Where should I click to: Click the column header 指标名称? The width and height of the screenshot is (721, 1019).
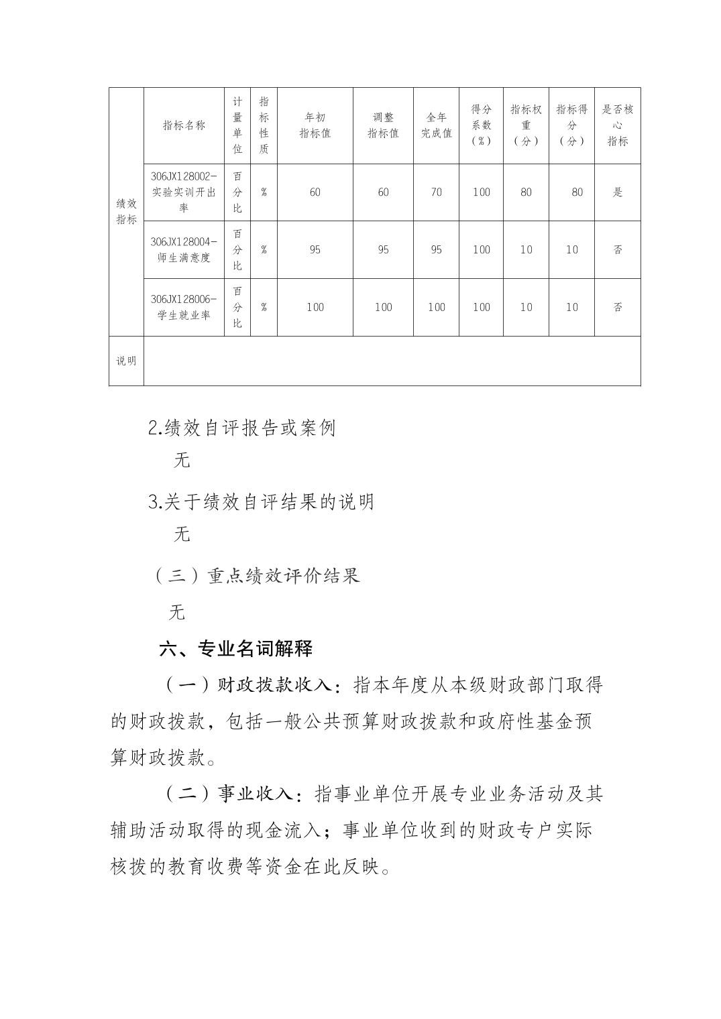coord(184,125)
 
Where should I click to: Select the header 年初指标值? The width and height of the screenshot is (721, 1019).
coord(315,125)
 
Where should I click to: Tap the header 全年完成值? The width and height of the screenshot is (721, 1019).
coord(436,125)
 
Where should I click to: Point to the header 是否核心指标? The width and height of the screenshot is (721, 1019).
coord(617,125)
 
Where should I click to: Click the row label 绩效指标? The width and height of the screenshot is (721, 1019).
coord(126,212)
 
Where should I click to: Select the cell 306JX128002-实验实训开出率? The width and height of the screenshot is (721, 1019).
coord(184,192)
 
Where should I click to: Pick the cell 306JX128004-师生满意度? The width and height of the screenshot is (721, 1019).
coord(184,249)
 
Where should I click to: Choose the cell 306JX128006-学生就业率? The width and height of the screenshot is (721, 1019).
coord(184,307)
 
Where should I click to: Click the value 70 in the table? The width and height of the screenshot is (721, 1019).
coord(436,192)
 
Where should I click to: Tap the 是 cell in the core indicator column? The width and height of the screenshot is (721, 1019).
coord(617,192)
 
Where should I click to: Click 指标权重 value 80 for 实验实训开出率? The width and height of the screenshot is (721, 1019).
coord(526,192)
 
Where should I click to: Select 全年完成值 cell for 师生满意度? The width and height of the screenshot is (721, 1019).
coord(436,249)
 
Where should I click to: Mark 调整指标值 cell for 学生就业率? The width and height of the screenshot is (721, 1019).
coord(383,307)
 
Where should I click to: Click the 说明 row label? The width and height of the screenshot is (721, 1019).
coord(126,361)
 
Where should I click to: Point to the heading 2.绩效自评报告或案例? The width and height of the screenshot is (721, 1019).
coord(241,428)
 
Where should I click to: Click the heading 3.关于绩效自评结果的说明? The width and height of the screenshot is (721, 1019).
coord(261,501)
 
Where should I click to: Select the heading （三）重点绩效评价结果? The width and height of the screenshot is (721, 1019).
coord(258,575)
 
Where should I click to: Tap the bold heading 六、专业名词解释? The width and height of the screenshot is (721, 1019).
coord(235,648)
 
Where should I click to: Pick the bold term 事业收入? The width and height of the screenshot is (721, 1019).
coord(256,794)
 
